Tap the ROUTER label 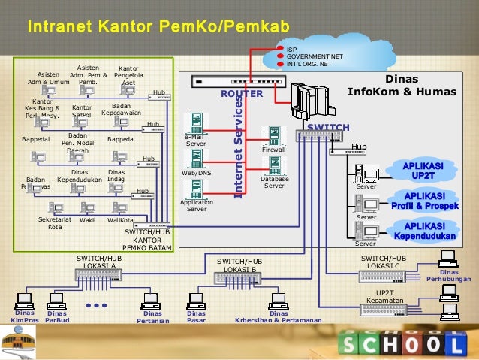coord(242,94)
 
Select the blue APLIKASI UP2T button coord(423,170)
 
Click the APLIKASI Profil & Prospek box coord(423,201)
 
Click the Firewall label coord(274,150)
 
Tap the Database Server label coord(274,183)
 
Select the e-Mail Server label coord(197,141)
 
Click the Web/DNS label coord(197,173)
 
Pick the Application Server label coord(197,205)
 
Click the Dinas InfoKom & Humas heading coord(402,85)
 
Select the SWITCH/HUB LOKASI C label coord(384,262)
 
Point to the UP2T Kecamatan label coord(385,297)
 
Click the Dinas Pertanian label coord(153,317)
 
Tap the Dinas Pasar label coord(197,317)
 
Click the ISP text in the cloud coord(292,48)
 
